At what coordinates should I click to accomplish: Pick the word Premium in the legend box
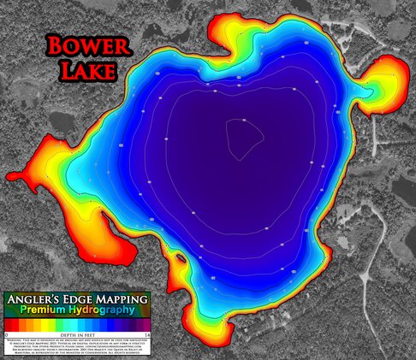47,310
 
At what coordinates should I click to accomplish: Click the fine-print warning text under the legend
77,345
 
